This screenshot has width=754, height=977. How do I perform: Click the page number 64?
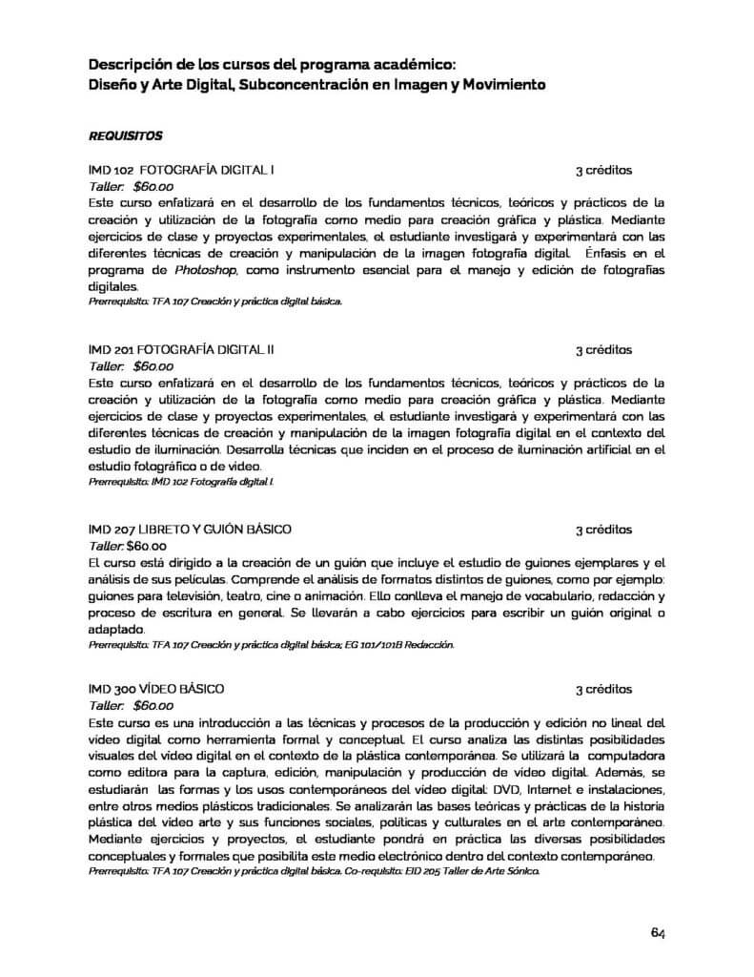point(658,932)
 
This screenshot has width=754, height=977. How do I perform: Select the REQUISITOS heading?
point(126,135)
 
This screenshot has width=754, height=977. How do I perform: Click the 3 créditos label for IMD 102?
point(603,171)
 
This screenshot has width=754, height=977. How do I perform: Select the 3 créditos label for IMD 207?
point(603,529)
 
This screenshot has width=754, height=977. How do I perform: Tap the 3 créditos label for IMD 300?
point(603,688)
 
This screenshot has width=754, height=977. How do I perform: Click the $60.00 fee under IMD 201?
point(153,365)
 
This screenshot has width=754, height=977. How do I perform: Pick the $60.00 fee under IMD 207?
point(147,546)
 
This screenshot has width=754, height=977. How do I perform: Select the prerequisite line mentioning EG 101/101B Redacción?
point(272,645)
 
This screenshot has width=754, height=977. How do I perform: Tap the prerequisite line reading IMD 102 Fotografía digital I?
point(181,483)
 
